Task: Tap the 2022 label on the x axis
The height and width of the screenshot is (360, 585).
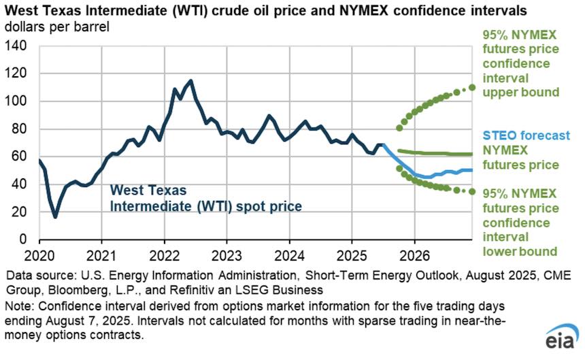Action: tap(164, 259)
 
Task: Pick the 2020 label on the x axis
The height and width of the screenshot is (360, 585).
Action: tap(39, 259)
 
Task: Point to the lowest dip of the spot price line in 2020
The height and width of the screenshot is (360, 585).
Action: tap(55, 216)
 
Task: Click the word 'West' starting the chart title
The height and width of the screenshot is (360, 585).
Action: tap(20, 11)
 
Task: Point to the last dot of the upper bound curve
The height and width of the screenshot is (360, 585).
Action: tap(473, 87)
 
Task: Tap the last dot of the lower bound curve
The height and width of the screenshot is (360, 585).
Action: tap(473, 191)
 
